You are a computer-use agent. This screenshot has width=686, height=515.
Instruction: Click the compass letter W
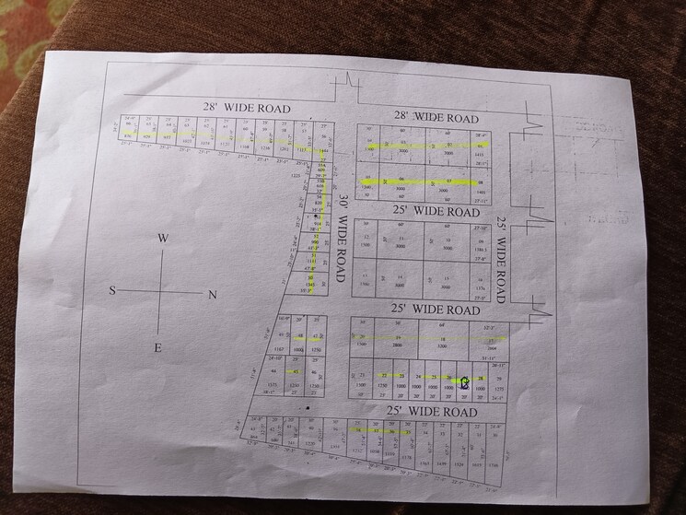coord(161,238)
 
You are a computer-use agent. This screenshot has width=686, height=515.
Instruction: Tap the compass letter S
coord(113,291)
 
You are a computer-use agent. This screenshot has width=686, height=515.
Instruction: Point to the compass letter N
coord(212,295)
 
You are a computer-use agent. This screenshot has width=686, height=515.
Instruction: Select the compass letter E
coord(157,347)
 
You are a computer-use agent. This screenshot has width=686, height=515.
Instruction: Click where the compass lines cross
coord(162,292)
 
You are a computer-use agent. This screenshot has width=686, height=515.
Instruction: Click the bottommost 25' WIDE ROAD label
coord(432,412)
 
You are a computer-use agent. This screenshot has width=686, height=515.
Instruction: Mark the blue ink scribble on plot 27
coord(465,381)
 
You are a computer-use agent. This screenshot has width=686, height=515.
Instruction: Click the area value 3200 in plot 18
coord(440,346)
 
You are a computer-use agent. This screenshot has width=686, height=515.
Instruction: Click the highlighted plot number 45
coord(296,372)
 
